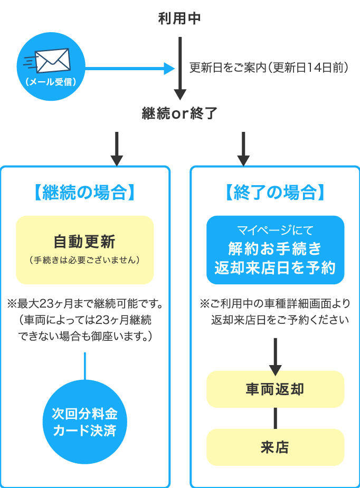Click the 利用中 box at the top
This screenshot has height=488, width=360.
coord(180,18)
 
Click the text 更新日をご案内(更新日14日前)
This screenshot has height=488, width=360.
coord(268,68)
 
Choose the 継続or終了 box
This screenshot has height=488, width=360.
coord(180,113)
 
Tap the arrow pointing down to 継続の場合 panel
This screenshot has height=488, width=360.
coord(117,150)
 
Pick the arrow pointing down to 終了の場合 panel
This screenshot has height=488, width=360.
coord(243,150)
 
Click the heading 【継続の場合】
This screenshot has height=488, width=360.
coord(85,192)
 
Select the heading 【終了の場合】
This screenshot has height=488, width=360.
coord(275,192)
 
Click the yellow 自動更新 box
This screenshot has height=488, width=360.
coord(85,250)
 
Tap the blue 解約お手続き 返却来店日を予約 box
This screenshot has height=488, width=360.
coord(275,250)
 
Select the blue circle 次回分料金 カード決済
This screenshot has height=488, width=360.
coord(84,422)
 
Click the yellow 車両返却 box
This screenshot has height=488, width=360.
coord(275,389)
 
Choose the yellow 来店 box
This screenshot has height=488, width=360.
coord(275,447)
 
